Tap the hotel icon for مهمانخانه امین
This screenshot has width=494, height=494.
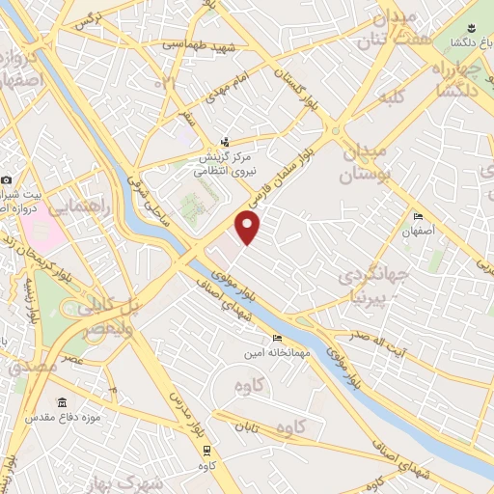(x=278, y=339)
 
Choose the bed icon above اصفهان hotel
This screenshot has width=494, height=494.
(x=417, y=216)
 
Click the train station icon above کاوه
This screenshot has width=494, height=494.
(x=206, y=450)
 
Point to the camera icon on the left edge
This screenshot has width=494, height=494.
(x=6, y=180)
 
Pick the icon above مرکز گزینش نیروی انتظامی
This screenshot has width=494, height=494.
(x=226, y=141)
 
